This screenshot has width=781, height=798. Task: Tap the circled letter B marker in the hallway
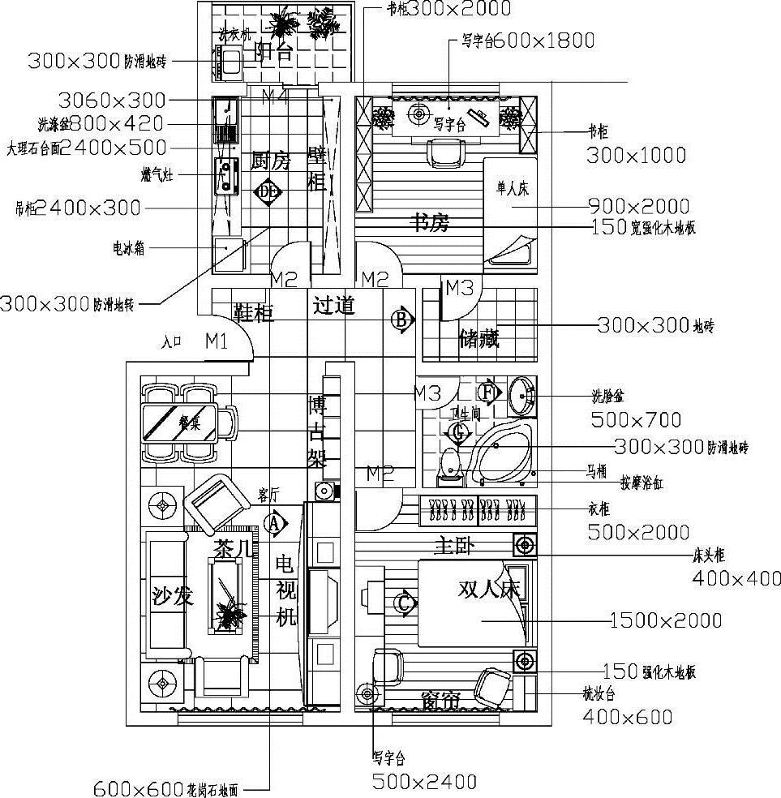401,320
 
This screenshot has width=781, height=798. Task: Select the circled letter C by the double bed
403,603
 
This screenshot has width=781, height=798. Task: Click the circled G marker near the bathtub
460,434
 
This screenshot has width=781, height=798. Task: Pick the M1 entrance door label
216,341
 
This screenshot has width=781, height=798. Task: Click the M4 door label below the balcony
274,96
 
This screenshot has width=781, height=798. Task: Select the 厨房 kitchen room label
270,161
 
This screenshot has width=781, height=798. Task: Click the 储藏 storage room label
478,338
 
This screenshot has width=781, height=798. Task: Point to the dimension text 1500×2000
665,620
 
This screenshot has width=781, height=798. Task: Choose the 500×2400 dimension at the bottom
424,782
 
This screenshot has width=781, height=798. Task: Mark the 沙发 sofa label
173,597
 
